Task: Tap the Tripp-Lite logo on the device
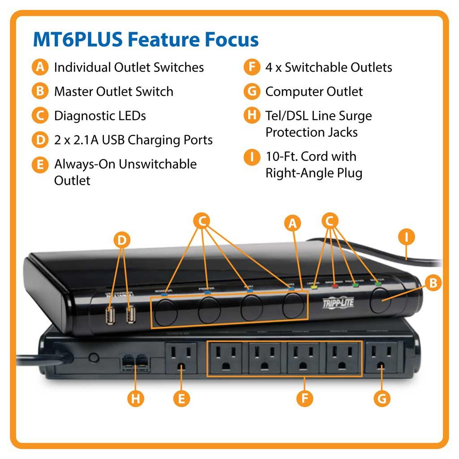pos(338,303)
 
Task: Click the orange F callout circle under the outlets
pos(304,398)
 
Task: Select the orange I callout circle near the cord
pos(406,238)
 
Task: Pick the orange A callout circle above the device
pos(292,223)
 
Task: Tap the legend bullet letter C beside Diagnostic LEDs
pos(40,116)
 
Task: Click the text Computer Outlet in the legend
pos(314,91)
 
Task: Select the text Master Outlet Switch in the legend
pos(113,91)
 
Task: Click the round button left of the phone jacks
pos(93,358)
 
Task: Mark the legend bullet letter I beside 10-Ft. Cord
pos(252,157)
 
